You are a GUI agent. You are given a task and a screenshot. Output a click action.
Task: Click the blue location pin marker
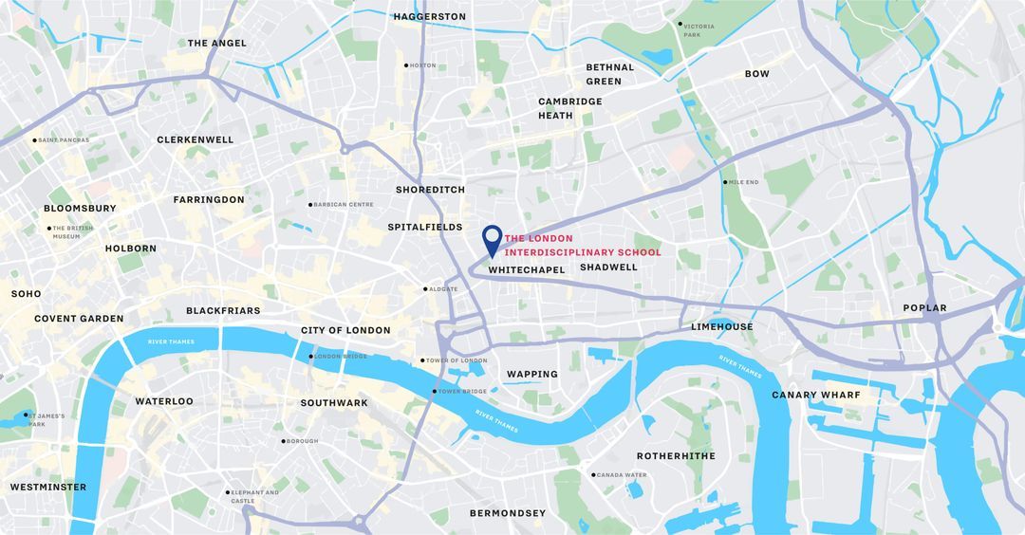(492, 239)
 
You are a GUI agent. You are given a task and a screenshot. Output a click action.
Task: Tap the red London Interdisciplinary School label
(583, 246)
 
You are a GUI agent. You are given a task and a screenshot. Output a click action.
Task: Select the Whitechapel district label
(526, 270)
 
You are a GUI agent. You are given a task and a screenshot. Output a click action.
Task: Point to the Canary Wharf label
(815, 395)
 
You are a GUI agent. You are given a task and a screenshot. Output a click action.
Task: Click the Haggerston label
(429, 16)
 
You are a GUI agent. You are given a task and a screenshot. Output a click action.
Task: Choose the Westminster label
(48, 487)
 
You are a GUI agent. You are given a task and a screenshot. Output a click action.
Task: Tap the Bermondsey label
(508, 513)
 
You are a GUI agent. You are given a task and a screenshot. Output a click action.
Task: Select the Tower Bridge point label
(461, 392)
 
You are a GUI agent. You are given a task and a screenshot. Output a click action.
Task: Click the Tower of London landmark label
(457, 360)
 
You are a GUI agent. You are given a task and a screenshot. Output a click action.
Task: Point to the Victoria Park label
(699, 30)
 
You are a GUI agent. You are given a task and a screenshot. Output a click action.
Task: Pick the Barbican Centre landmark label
(343, 204)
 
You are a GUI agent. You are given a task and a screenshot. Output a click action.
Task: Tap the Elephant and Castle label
(253, 496)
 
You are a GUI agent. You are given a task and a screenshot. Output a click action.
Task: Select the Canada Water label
(621, 475)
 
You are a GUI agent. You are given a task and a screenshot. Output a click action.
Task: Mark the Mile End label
(742, 182)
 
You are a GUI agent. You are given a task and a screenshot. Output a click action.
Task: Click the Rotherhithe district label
(676, 456)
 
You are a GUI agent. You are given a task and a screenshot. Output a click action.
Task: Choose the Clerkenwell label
(195, 139)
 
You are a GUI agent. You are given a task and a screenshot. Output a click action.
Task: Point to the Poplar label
(924, 307)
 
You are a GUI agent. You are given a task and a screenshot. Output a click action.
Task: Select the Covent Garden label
(79, 319)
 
